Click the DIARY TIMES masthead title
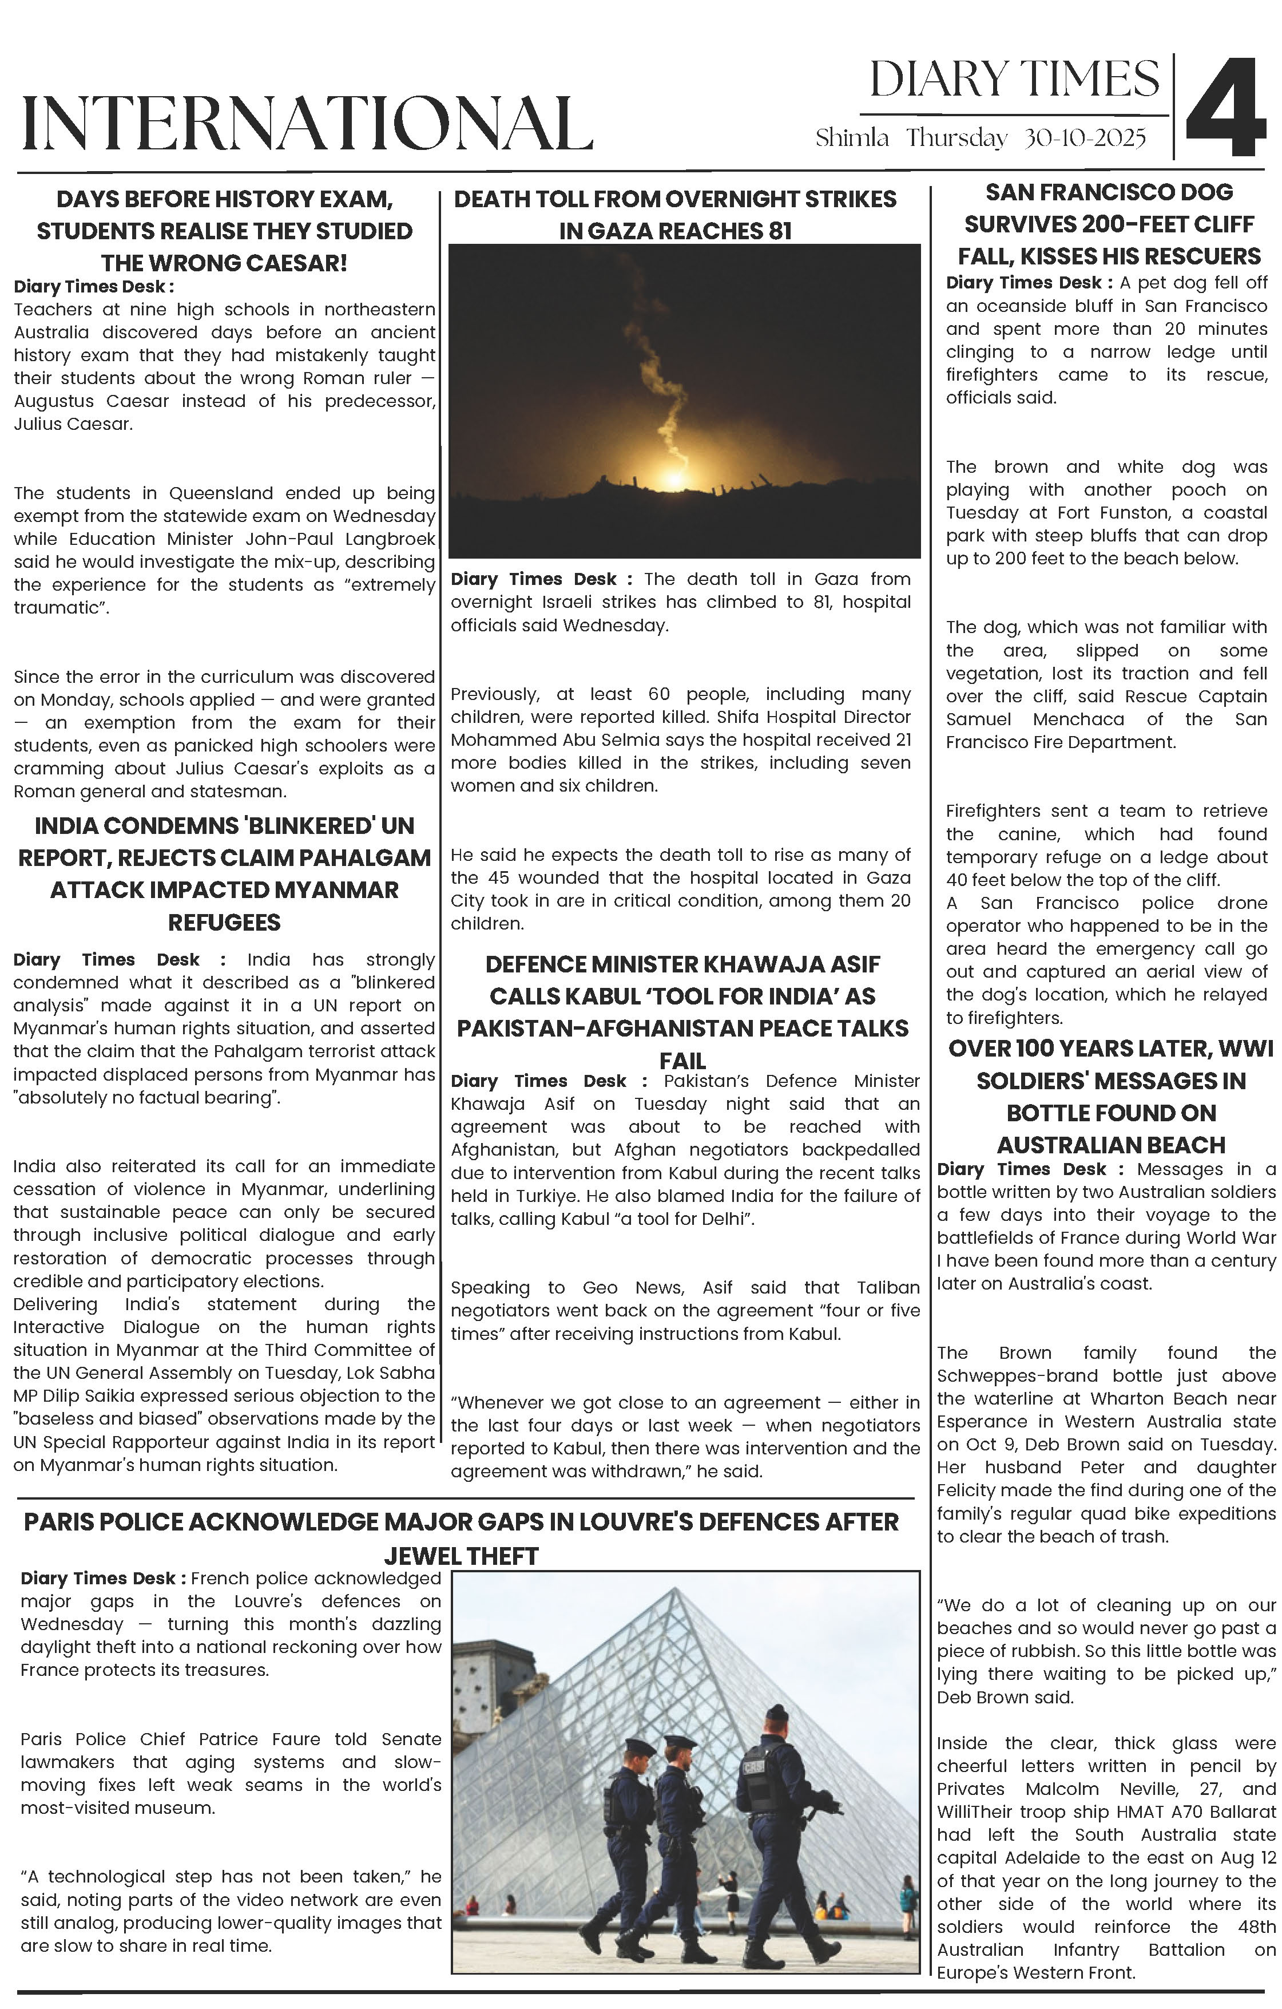[x=1014, y=81]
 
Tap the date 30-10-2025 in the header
[x=1084, y=138]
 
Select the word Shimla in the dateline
[x=852, y=138]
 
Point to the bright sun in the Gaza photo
[x=672, y=480]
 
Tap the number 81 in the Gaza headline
[x=775, y=231]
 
